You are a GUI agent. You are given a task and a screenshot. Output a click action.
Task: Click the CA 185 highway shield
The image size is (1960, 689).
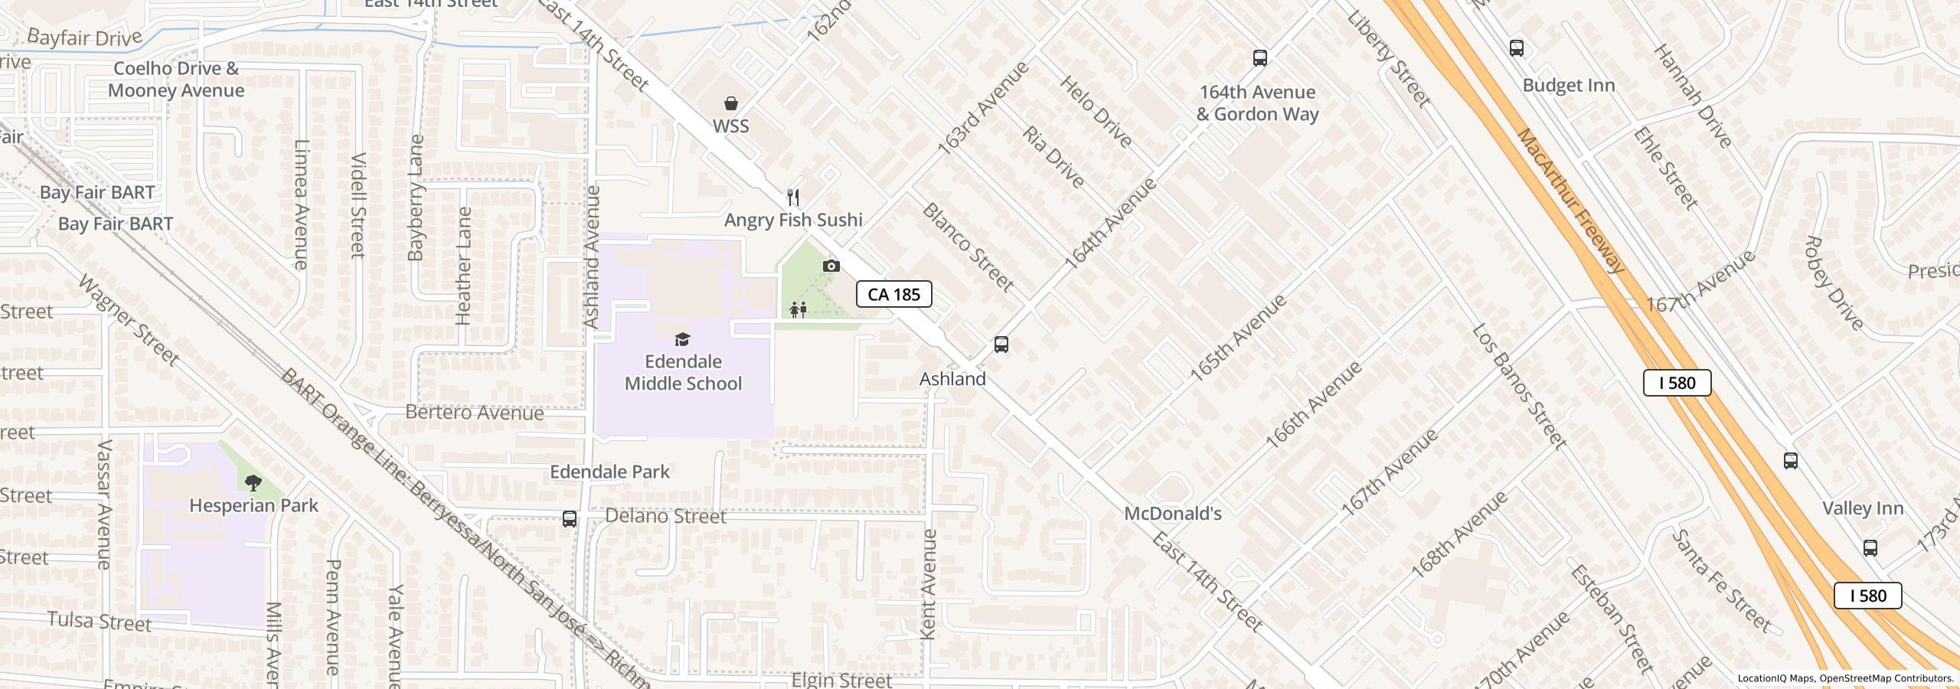[x=893, y=294]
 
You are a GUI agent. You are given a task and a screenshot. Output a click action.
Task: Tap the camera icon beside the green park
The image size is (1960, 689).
[x=831, y=266]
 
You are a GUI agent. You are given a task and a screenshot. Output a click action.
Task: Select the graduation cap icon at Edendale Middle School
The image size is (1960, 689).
[x=681, y=339]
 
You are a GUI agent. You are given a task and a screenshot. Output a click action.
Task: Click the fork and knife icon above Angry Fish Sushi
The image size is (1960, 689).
[x=793, y=198]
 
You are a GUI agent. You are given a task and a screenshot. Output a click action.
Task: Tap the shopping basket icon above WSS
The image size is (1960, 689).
[x=731, y=103]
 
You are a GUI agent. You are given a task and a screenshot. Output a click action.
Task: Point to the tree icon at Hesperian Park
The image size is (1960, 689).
[x=253, y=482]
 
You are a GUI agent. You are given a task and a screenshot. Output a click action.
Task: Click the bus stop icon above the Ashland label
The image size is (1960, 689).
[x=1001, y=344]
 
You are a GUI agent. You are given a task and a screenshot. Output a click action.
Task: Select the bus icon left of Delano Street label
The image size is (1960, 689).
[x=569, y=519]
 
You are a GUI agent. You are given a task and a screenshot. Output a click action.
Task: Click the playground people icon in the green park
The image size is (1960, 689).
[x=798, y=310]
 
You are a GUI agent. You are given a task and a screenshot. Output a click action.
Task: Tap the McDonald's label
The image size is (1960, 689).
[x=1172, y=514]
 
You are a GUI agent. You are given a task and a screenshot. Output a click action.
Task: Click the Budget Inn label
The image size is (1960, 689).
[x=1568, y=86]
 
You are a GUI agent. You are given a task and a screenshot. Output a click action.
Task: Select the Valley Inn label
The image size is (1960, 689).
[x=1862, y=508]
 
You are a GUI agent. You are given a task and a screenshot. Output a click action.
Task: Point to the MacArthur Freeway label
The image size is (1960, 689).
[x=1570, y=201]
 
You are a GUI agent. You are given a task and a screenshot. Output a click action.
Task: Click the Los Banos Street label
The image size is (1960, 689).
[x=1519, y=387]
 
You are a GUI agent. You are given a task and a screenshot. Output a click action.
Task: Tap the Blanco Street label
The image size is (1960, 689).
[x=968, y=247]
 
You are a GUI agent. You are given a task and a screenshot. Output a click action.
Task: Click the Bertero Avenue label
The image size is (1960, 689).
[x=474, y=413]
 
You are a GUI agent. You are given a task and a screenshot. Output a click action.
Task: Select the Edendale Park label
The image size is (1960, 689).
[x=609, y=472]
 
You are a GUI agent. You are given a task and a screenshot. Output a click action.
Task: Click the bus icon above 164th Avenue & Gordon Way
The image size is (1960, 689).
[x=1259, y=57]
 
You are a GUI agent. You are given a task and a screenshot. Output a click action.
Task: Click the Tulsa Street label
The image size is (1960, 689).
[x=100, y=622]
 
